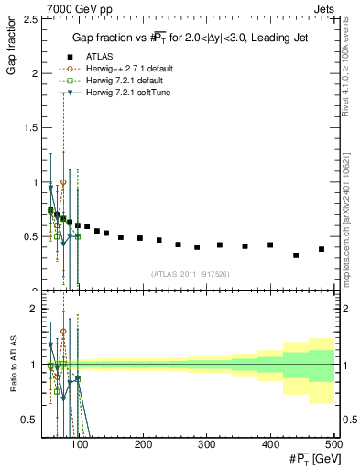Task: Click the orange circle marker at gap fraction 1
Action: point(63,182)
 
